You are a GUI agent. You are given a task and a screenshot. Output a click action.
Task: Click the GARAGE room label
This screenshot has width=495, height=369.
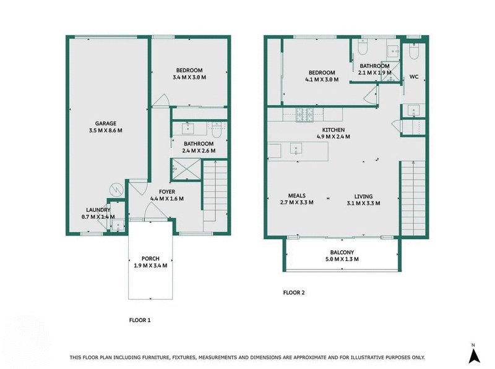click(105, 123)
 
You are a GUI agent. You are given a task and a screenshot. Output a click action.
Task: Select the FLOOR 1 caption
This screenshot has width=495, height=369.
click(139, 320)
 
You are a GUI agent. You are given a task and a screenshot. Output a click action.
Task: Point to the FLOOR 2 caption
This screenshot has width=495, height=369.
click(294, 292)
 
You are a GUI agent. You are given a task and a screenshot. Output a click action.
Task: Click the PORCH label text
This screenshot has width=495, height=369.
click(151, 258)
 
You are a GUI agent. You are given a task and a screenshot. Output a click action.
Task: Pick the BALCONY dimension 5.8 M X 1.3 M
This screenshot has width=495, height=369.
click(342, 259)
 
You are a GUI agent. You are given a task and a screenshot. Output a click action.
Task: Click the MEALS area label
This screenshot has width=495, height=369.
click(296, 195)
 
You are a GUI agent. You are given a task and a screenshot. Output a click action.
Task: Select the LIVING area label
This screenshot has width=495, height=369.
click(363, 195)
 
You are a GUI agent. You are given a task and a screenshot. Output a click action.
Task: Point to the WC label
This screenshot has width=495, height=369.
click(414, 77)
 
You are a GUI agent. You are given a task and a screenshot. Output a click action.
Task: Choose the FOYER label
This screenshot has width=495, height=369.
click(167, 192)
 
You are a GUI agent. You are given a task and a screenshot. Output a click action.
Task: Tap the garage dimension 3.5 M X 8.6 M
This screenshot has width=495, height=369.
click(105, 130)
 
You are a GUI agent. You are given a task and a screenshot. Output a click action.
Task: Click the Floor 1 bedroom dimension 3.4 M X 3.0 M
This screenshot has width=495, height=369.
click(189, 78)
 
